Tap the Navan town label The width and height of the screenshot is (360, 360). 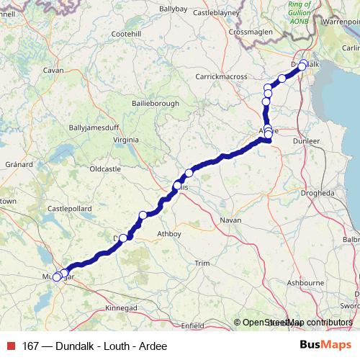pyautogui.click(x=230, y=219)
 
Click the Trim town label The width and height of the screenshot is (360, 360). pyautogui.click(x=202, y=264)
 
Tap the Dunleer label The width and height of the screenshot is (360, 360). pyautogui.click(x=307, y=141)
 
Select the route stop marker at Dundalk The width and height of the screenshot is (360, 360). pyautogui.click(x=303, y=63)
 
